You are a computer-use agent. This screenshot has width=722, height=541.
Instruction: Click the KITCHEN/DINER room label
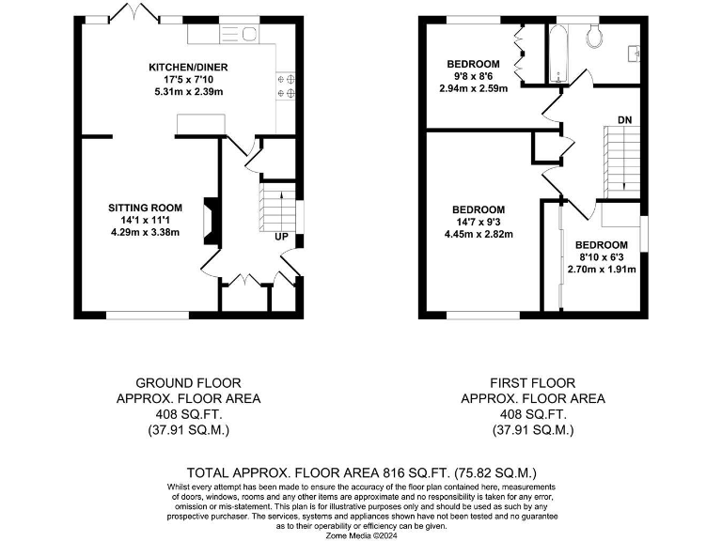point(187,67)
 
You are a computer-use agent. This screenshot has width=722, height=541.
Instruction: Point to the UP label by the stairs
point(280,237)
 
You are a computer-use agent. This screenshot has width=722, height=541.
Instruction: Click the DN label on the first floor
point(624,120)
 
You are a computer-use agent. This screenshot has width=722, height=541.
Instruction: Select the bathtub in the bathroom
point(558,52)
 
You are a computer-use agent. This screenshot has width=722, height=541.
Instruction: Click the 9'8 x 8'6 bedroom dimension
point(474,76)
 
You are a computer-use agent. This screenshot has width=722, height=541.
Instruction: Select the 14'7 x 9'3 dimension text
point(478,223)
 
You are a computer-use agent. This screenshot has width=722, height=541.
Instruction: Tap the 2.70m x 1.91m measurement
point(602,269)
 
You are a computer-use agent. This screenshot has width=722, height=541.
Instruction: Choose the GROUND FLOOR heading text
point(188,383)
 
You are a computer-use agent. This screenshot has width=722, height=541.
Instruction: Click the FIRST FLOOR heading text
point(532,383)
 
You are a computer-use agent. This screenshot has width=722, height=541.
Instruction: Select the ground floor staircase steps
point(275,206)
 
